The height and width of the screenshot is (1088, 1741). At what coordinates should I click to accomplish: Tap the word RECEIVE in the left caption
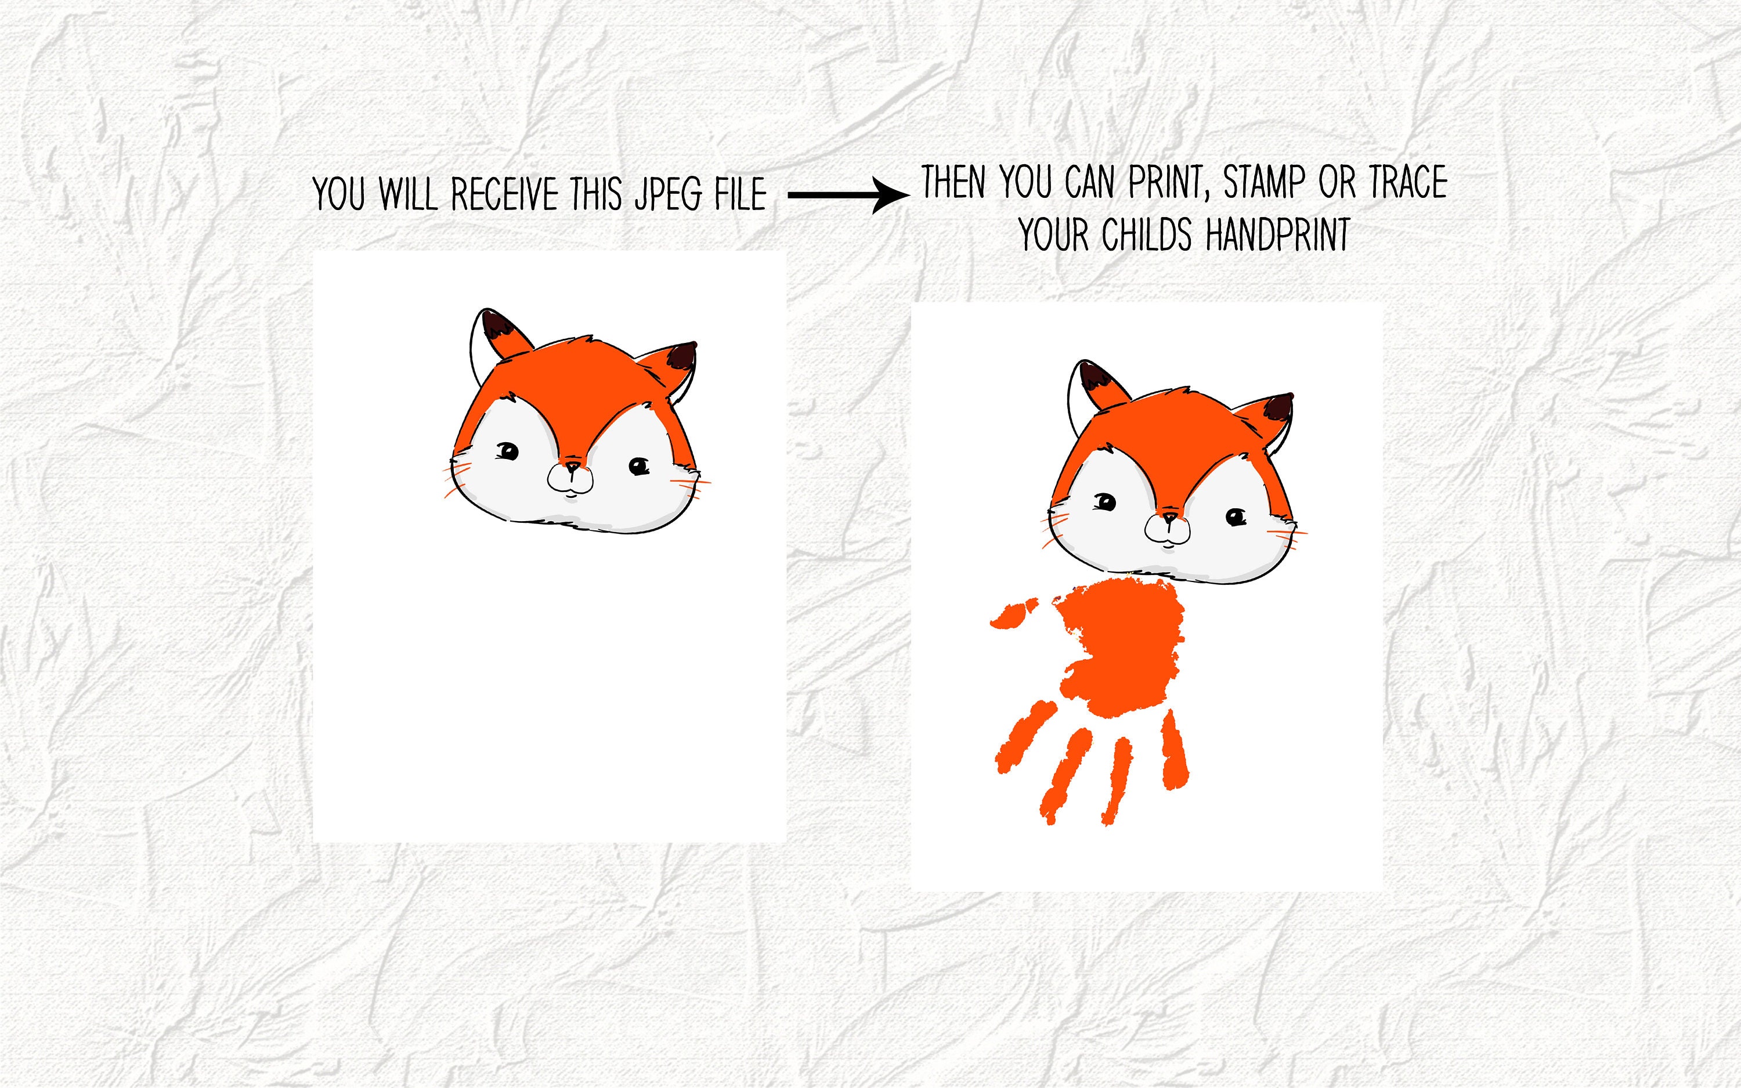coord(504,194)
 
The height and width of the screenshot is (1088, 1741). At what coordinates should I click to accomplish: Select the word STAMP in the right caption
coord(1264,183)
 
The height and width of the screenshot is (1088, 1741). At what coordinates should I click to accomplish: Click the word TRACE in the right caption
coord(1408,183)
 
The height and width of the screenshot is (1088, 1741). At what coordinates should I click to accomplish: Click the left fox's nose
coord(572,468)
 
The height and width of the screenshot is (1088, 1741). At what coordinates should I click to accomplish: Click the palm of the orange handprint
coord(1122,648)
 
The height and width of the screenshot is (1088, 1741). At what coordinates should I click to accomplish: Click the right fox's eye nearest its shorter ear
coord(1236,516)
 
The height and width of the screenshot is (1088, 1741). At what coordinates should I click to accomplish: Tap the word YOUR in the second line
coord(1054,236)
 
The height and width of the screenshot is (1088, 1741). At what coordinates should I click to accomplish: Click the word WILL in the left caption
coord(408,194)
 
